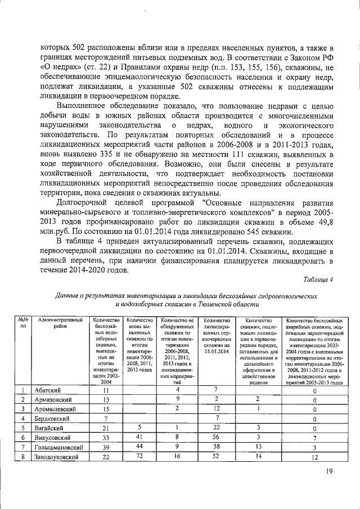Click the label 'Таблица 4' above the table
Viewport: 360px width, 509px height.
tap(318, 280)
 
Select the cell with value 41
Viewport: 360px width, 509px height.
tap(139, 438)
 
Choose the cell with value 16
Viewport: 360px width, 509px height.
tap(177, 457)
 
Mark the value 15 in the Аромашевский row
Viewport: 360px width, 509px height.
tap(105, 409)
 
